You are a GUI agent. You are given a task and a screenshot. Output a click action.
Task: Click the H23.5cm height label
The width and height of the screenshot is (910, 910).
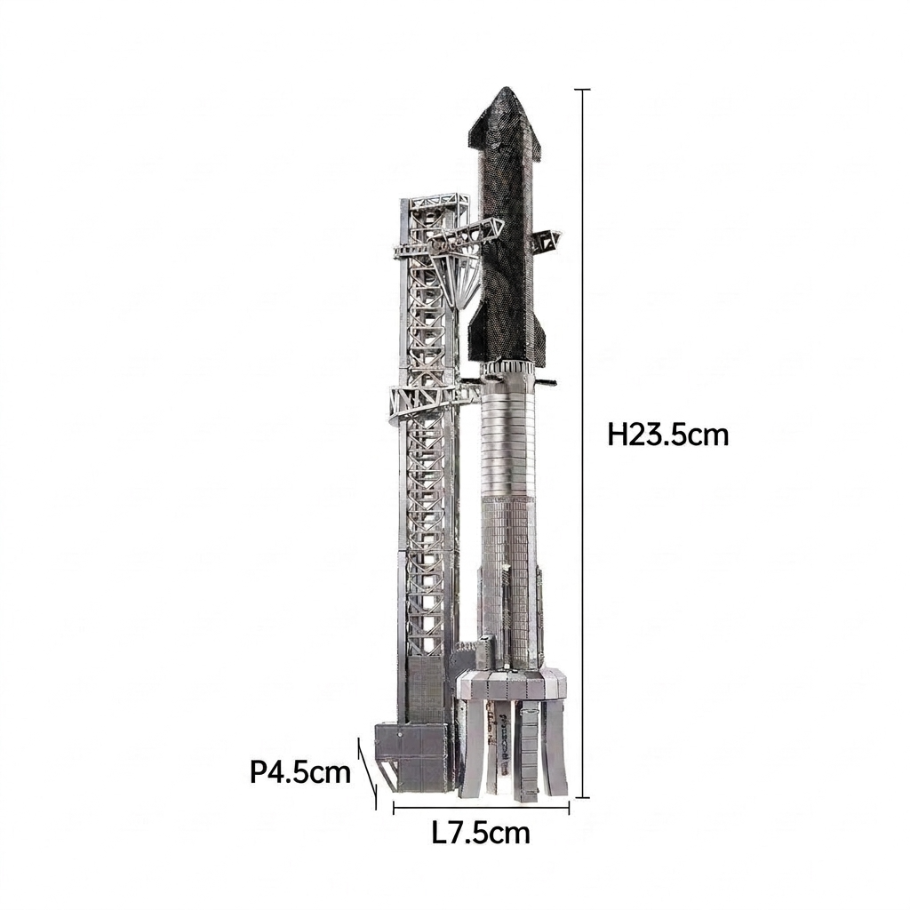click(667, 435)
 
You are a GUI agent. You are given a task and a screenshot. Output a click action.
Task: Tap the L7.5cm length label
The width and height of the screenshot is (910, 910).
click(481, 834)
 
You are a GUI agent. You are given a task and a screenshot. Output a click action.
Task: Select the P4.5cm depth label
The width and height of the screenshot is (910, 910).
click(300, 772)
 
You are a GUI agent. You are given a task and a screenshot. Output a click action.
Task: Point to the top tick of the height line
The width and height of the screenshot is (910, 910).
click(582, 90)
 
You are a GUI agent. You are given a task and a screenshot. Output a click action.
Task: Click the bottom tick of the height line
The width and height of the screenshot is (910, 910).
click(582, 797)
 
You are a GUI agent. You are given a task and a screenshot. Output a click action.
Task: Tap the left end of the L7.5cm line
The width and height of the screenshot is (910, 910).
click(394, 807)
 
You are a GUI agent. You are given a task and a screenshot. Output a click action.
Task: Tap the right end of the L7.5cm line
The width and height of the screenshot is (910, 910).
click(569, 807)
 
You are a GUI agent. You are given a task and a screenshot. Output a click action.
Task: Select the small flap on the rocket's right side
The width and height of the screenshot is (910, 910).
click(547, 239)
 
